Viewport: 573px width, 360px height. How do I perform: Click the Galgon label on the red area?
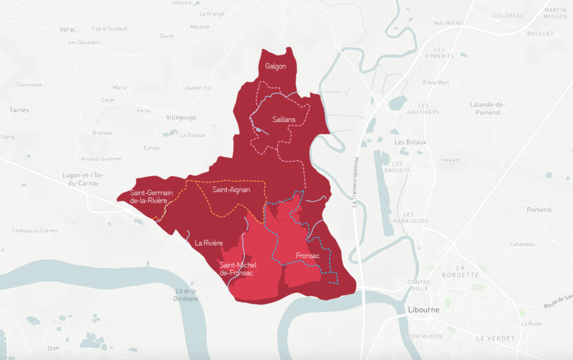pyautogui.click(x=275, y=67)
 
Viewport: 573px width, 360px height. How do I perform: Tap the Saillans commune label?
pyautogui.click(x=284, y=119)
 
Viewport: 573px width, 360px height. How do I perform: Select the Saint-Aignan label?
pyautogui.click(x=231, y=190)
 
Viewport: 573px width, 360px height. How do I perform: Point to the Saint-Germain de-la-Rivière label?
pyautogui.click(x=148, y=197)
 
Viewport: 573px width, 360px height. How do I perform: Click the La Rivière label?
pyautogui.click(x=209, y=243)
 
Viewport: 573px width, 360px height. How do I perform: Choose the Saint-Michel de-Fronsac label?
pyautogui.click(x=236, y=269)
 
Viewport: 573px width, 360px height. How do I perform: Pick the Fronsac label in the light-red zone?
pyautogui.click(x=307, y=256)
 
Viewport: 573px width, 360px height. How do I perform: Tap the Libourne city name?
pyautogui.click(x=423, y=310)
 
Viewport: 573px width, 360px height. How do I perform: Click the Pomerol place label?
pyautogui.click(x=539, y=210)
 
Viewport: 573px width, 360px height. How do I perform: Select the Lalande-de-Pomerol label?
pyautogui.click(x=488, y=109)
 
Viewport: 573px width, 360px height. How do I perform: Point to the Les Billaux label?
pyautogui.click(x=410, y=142)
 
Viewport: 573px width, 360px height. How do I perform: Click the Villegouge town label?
pyautogui.click(x=182, y=118)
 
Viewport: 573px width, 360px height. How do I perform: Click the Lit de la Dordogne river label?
pyautogui.click(x=186, y=294)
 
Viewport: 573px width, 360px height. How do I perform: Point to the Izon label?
pyautogui.click(x=53, y=348)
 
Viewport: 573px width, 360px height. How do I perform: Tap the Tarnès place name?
pyautogui.click(x=19, y=110)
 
